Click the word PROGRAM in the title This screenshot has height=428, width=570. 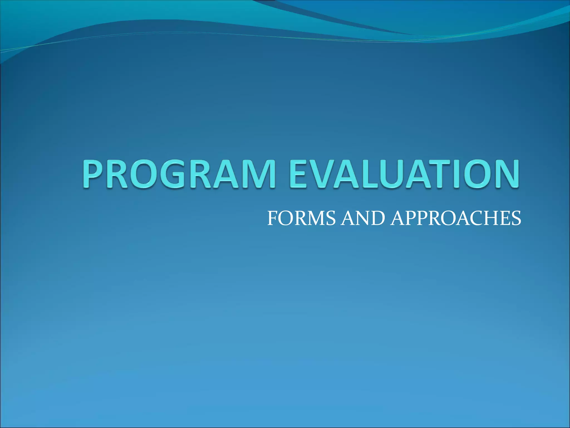[178, 174]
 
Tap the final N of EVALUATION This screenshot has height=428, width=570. [505, 174]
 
